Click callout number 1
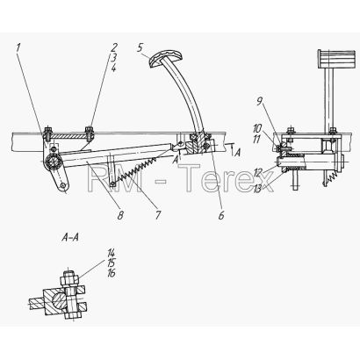pos(18,48)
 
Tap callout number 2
pos(114,47)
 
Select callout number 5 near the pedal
pos(140,47)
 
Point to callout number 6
pos(221,215)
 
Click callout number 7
pos(158,215)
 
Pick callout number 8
pos(120,215)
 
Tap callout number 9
pos(259,102)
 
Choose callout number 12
pos(258,173)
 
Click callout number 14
pos(112,253)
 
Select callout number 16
pos(112,273)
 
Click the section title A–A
pos(70,237)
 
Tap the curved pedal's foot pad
pos(166,58)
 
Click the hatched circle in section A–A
pos(59,300)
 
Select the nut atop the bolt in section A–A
pos(69,278)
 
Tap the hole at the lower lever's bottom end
pos(63,185)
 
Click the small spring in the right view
pos(332,177)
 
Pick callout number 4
pos(113,68)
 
